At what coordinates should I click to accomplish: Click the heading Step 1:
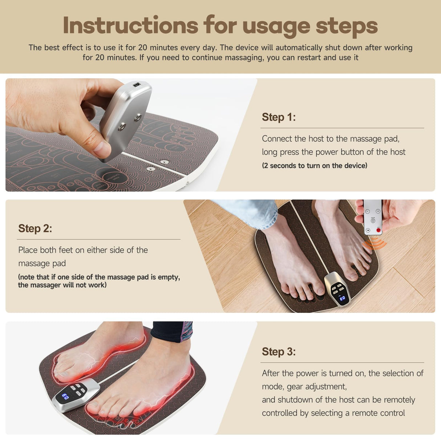pos(279,117)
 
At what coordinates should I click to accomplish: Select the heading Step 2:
pos(35,228)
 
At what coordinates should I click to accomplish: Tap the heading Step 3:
pos(279,352)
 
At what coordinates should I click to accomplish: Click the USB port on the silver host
pos(137,85)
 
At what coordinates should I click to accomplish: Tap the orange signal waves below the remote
pos(374,244)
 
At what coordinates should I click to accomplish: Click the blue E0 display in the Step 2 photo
pos(342,298)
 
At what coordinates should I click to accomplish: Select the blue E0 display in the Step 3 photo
pos(65,397)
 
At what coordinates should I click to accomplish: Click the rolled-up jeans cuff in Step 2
pos(254,213)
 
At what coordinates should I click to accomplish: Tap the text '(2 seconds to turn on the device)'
pos(315,166)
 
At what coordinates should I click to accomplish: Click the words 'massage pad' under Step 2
pos(42,263)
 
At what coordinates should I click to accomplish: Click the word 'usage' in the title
pos(276,26)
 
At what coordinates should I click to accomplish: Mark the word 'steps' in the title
pos(347,26)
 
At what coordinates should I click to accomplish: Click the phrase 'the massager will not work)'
pos(62,285)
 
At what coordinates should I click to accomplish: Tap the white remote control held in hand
pos(373,217)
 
